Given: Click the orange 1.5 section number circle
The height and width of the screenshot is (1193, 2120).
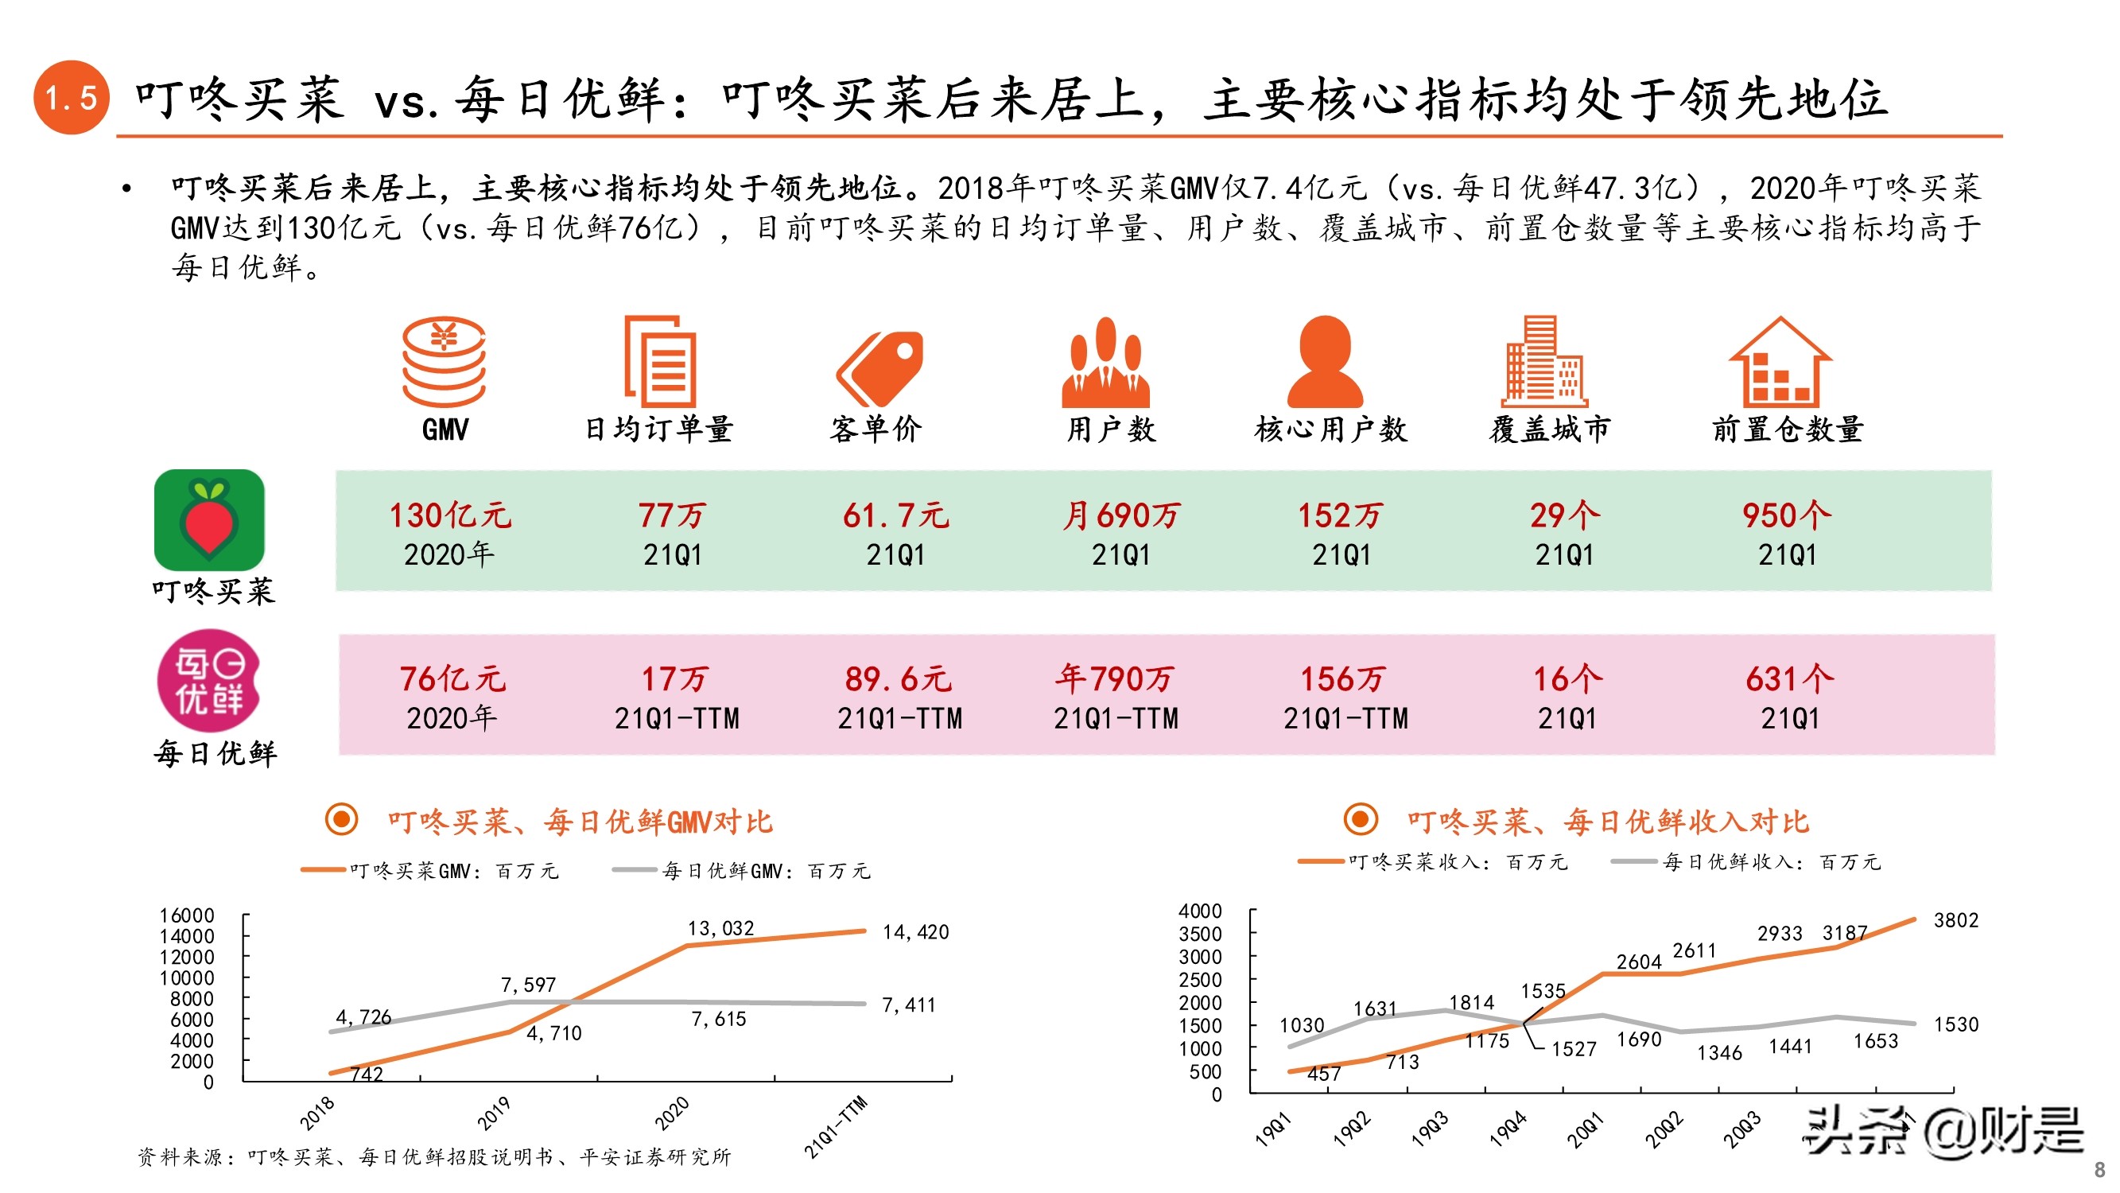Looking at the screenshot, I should [71, 97].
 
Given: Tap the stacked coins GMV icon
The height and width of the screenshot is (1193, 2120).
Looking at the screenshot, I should [444, 361].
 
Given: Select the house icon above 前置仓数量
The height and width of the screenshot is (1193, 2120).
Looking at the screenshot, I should [1780, 361].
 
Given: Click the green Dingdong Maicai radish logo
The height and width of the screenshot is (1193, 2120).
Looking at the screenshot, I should [209, 519].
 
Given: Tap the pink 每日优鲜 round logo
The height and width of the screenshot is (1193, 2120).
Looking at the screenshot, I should [209, 681].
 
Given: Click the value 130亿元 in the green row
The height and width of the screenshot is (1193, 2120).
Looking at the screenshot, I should [449, 515].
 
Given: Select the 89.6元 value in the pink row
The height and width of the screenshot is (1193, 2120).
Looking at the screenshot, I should [898, 679].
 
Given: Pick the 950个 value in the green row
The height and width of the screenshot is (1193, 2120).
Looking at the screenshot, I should [1786, 515].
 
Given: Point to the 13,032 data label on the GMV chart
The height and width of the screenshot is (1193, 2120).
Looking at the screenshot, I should [720, 929].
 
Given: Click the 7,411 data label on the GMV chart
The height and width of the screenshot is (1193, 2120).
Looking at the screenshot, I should [908, 1005].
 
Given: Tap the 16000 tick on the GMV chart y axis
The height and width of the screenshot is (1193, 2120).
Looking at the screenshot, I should [187, 915].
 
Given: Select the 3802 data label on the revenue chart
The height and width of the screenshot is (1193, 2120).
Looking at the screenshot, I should [1955, 920].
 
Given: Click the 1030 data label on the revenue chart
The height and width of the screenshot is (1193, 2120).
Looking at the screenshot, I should [1301, 1025].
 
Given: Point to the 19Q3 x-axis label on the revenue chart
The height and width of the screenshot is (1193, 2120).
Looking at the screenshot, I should [1430, 1129].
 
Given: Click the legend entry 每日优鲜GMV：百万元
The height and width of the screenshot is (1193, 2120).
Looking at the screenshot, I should [765, 871].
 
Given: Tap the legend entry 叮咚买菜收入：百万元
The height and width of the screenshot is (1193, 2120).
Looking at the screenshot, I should [1457, 862].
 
